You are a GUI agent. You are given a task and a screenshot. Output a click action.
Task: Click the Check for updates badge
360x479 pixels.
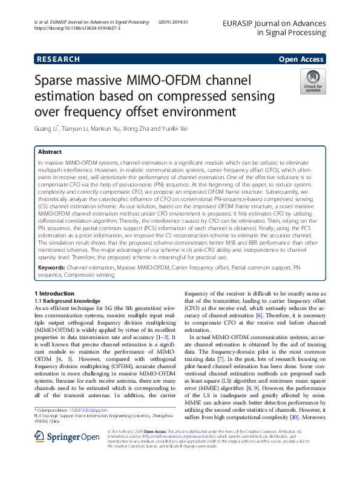313,81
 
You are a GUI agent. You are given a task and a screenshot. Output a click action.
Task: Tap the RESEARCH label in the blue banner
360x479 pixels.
58,59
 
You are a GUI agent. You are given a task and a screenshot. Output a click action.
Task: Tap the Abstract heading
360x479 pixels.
50,152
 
